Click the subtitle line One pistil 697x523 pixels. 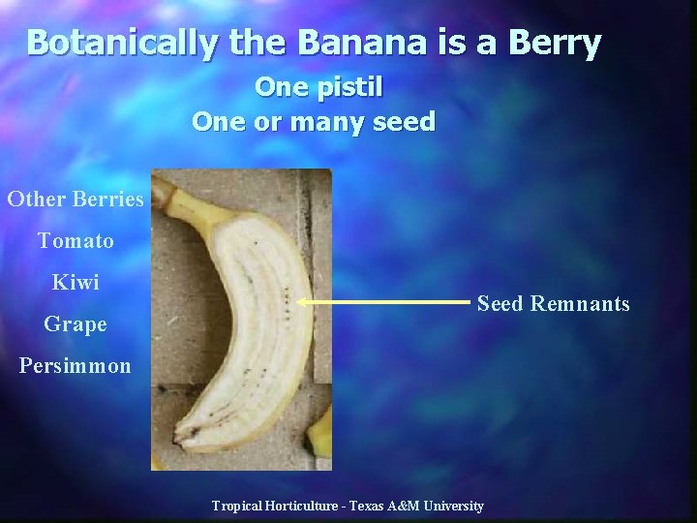coord(318,87)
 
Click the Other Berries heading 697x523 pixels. coord(76,200)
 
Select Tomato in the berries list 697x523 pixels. coord(76,240)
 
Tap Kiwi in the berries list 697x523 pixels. coord(76,282)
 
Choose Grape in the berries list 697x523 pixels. coord(76,323)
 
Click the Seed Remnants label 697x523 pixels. coord(553,304)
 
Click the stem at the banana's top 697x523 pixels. coord(178,200)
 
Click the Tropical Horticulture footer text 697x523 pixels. coord(349,507)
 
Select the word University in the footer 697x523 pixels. coord(456,507)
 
